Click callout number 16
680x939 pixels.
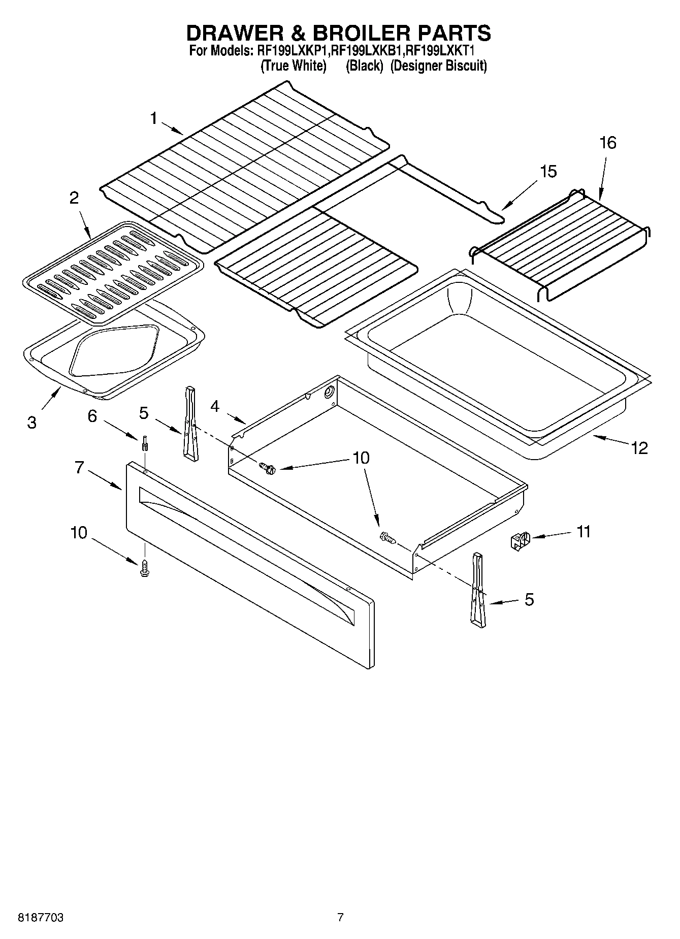click(x=607, y=143)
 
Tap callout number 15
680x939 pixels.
click(x=547, y=172)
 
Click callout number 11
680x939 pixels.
click(x=584, y=532)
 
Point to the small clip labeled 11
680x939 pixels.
click(x=520, y=541)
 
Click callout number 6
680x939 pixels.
click(x=92, y=416)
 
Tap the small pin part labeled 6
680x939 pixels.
click(x=145, y=443)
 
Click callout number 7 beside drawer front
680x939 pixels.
click(x=79, y=467)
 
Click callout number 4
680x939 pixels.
click(x=215, y=406)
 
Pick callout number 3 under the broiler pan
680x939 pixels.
click(x=31, y=422)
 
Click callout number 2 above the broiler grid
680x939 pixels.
click(x=74, y=198)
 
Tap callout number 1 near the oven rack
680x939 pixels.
click(x=154, y=118)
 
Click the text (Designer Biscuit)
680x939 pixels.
click(x=438, y=66)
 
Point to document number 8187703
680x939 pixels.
click(x=41, y=918)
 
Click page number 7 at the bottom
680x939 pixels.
click(x=340, y=918)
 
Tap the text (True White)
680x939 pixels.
click(x=293, y=66)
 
